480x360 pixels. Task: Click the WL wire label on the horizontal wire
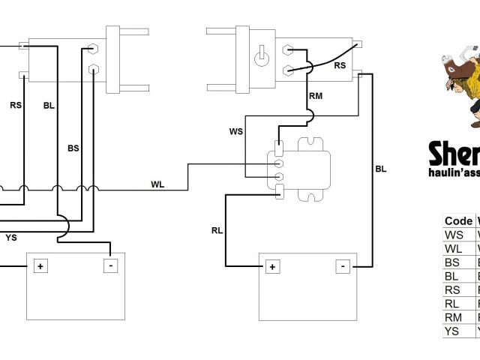tap(157, 184)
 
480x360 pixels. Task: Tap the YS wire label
tap(11, 238)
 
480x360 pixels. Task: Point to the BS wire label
tap(73, 148)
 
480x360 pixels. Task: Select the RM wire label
tap(316, 95)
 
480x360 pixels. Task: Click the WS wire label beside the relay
tap(235, 132)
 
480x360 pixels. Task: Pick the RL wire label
tap(217, 230)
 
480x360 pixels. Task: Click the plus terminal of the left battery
tap(38, 265)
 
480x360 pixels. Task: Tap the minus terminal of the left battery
tap(111, 265)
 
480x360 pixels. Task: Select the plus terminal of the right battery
tap(271, 266)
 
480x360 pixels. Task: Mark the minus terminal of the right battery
tap(343, 265)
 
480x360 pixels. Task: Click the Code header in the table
tap(458, 220)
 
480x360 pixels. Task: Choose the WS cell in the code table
tap(454, 235)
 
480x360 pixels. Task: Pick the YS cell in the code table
tap(454, 330)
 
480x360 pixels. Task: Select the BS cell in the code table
tap(454, 262)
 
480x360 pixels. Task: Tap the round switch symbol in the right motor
tap(262, 57)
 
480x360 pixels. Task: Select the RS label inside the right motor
tap(340, 64)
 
